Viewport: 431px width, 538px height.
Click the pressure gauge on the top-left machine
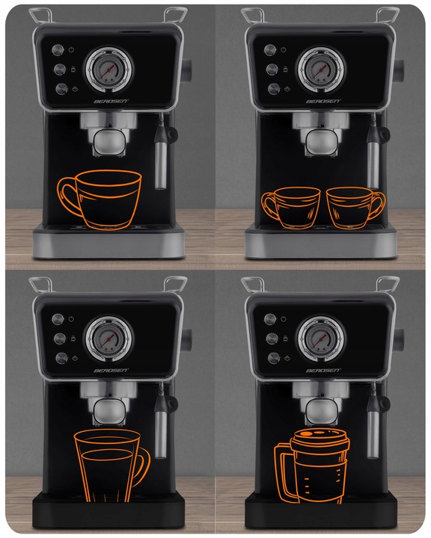pyautogui.click(x=109, y=70)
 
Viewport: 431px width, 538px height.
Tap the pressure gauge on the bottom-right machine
pyautogui.click(x=321, y=339)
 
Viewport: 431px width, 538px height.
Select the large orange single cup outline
pyautogui.click(x=100, y=200)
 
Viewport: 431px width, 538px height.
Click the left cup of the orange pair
pyautogui.click(x=291, y=208)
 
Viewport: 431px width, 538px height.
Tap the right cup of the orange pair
pyautogui.click(x=355, y=208)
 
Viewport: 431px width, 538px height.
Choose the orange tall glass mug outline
pyautogui.click(x=112, y=466)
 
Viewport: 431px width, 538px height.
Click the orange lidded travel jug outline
pyautogui.click(x=312, y=466)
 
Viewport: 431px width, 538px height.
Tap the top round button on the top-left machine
pyautogui.click(x=58, y=50)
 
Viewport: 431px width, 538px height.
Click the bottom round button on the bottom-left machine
pyautogui.click(x=61, y=358)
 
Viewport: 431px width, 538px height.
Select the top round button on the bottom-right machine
pyautogui.click(x=270, y=319)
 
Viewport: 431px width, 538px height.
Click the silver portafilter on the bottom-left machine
pyautogui.click(x=108, y=406)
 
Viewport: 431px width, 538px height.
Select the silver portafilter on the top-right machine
pyautogui.click(x=321, y=136)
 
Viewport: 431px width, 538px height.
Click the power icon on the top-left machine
pyautogui.click(x=71, y=50)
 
